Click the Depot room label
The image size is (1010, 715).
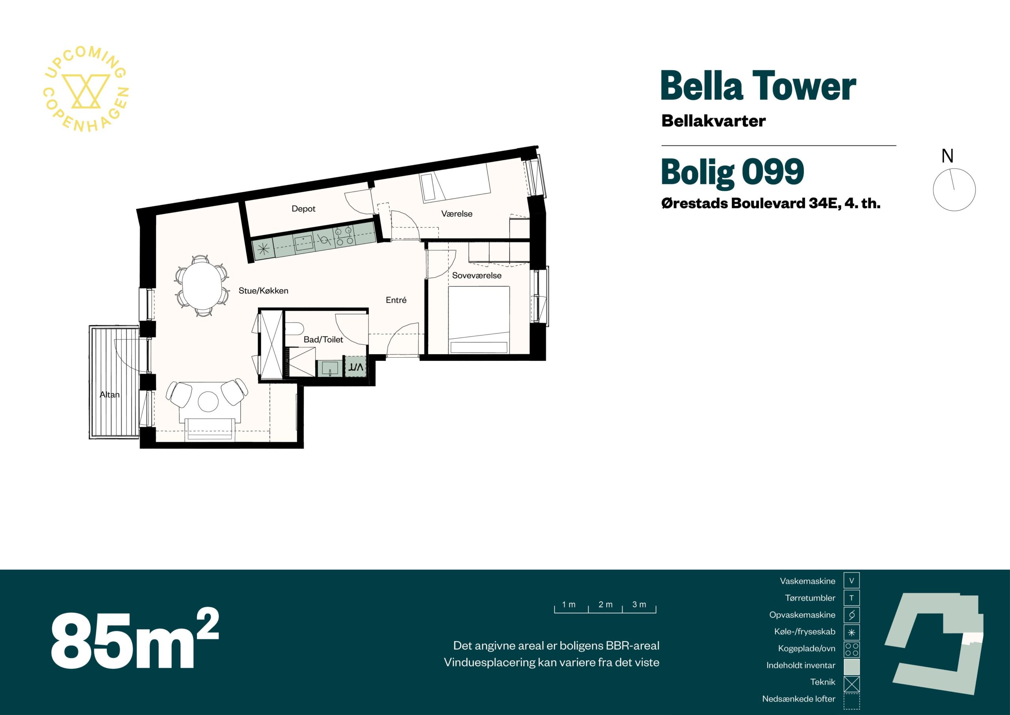[303, 209]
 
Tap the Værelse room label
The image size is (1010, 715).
[456, 214]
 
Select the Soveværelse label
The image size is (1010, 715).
[477, 275]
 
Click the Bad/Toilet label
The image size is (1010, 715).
[324, 340]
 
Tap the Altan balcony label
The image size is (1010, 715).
[110, 394]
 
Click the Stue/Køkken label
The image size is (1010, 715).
[264, 291]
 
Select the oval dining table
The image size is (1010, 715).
[202, 286]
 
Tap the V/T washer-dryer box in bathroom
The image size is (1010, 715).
[355, 366]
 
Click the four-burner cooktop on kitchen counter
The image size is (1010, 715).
[344, 236]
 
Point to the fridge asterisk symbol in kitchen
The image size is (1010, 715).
[263, 249]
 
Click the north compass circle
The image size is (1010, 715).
[954, 190]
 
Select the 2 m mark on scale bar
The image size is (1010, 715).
[605, 604]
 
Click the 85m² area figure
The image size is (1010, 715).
[135, 638]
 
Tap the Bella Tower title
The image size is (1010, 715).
[758, 86]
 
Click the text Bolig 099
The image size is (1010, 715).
[732, 172]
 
